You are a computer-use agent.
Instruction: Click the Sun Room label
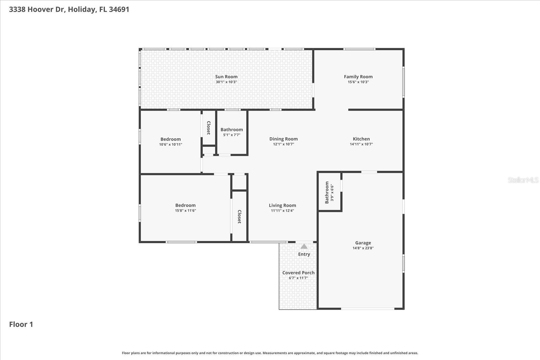[226, 77]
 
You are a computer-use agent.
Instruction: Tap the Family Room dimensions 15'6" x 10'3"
[358, 82]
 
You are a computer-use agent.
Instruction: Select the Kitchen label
[361, 139]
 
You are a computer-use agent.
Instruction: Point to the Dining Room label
[283, 139]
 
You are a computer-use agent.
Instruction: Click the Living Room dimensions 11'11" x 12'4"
[282, 211]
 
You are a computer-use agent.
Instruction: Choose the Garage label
[363, 243]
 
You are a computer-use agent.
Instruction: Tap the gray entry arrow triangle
[304, 246]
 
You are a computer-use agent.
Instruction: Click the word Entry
[304, 254]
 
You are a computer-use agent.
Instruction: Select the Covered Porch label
[298, 273]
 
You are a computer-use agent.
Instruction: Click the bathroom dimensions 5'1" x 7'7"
[232, 135]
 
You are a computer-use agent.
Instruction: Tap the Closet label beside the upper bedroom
[209, 128]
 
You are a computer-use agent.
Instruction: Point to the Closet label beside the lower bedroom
[239, 217]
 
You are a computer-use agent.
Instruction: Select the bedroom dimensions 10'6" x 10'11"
[170, 144]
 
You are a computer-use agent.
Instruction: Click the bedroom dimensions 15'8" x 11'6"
[185, 211]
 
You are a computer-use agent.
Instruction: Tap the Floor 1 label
[21, 324]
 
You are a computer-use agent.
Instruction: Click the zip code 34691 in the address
[119, 9]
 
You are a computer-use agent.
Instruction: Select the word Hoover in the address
[40, 9]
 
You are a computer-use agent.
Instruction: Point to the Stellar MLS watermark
[523, 180]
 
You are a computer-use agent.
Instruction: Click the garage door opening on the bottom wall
[368, 308]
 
